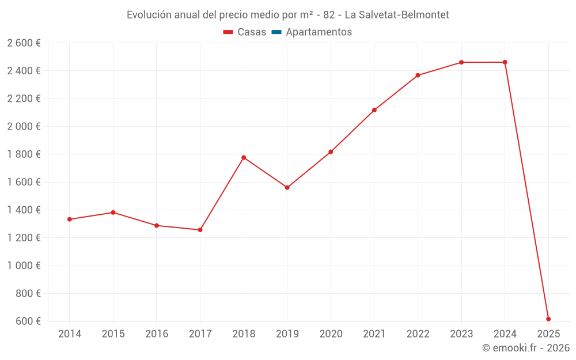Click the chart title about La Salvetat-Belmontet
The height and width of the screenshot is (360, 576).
pos(287,15)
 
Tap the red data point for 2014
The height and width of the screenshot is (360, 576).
pos(70,219)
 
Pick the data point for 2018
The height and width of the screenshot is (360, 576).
pos(244,157)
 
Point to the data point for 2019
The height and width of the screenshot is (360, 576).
pos(287,188)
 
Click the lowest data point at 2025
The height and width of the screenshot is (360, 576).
pos(548,319)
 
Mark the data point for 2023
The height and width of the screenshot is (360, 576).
pos(461,62)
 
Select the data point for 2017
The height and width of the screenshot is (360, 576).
pos(200,230)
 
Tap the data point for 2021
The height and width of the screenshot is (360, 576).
pos(374,110)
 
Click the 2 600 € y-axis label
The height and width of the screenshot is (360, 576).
pos(24,43)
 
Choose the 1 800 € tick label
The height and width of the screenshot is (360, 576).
pos(24,154)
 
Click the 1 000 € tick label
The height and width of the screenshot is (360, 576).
pos(24,266)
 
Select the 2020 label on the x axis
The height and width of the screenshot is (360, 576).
pos(331,334)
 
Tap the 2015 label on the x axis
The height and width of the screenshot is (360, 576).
pos(113,334)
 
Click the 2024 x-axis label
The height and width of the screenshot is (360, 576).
pos(505,334)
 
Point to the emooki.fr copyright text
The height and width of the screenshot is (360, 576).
pos(525,348)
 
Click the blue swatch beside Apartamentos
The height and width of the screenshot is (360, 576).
pos(276,32)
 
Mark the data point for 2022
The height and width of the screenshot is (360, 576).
pos(418,75)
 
